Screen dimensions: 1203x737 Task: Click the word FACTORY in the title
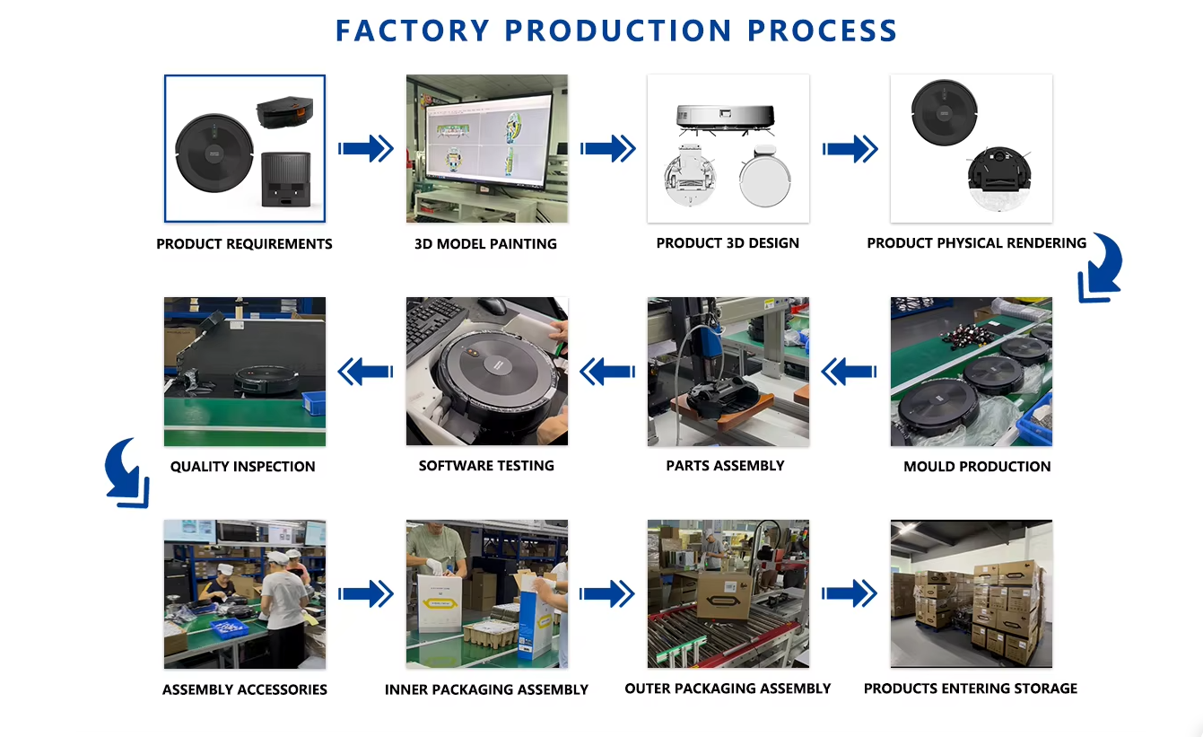coord(413,31)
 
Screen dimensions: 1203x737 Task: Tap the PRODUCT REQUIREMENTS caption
coord(244,244)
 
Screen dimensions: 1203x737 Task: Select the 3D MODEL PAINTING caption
coord(485,244)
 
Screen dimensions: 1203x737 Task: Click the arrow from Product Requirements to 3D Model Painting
coord(366,148)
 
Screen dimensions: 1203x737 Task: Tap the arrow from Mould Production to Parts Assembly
coord(849,372)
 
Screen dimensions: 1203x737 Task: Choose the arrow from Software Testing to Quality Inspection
coord(365,372)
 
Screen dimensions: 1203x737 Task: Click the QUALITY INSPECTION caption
coord(243,467)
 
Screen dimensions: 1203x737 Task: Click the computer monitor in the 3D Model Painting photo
coord(488,141)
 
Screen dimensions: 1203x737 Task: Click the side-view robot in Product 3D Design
coord(726,118)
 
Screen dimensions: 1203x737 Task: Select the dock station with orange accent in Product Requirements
coord(284,112)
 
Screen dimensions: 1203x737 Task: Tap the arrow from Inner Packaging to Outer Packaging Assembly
coord(606,594)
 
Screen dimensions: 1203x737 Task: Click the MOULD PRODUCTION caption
coord(977,467)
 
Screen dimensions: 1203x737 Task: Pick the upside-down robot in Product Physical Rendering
coord(999,179)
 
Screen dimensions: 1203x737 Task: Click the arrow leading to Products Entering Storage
coord(849,594)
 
